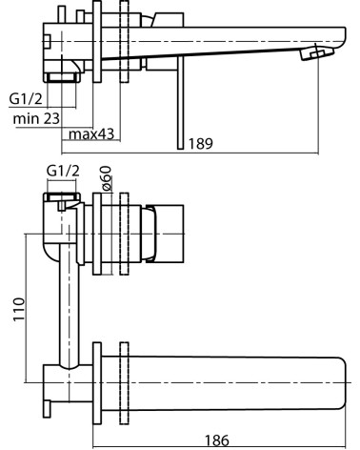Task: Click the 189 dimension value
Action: coord(200,144)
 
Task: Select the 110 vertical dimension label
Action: coord(19,310)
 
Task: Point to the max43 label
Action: coord(91,134)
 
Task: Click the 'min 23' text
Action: coord(36,119)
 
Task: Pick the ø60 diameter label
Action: coord(107,178)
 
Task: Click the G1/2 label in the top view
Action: coord(26,99)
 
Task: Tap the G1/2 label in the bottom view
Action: coord(63,171)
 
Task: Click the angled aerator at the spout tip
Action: coord(317,52)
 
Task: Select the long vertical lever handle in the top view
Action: coord(181,103)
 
